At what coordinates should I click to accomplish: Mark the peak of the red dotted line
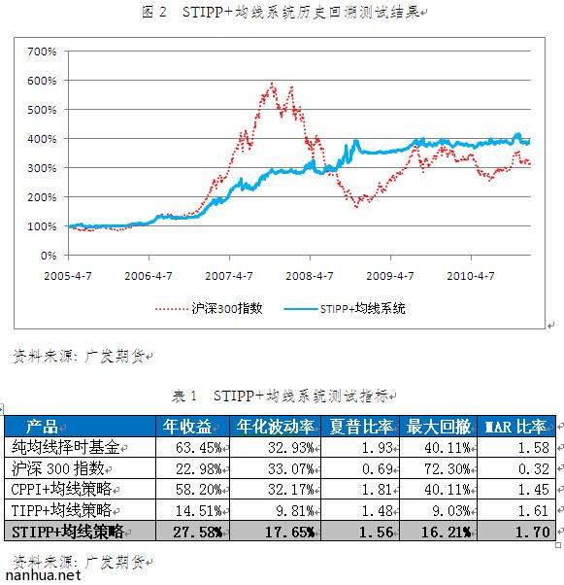[x=272, y=84]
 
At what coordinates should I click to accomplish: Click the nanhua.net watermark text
[x=40, y=575]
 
